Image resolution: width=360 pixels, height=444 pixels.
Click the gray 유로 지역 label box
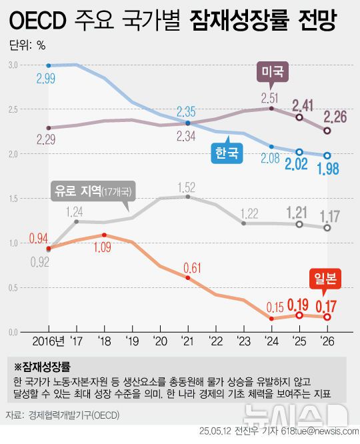tap(94, 191)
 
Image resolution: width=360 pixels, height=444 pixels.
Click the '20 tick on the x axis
tap(160, 341)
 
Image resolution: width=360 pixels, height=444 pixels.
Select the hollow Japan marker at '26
tap(327, 317)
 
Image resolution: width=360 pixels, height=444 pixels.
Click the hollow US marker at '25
tap(299, 117)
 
